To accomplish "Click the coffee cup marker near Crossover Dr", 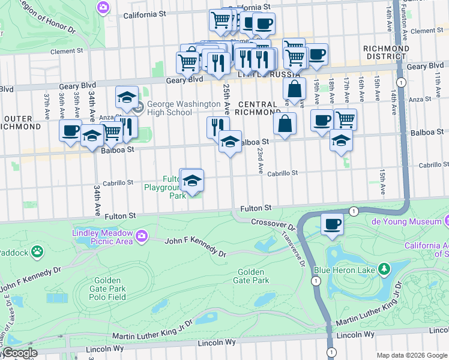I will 332,224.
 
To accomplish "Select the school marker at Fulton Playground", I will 191,181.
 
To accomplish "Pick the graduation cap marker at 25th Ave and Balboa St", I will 230,142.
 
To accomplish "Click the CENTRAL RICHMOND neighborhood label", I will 258,108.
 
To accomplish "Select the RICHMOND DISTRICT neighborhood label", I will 386,53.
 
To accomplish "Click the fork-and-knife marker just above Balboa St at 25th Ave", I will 217,126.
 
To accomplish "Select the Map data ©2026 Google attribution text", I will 412,355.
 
